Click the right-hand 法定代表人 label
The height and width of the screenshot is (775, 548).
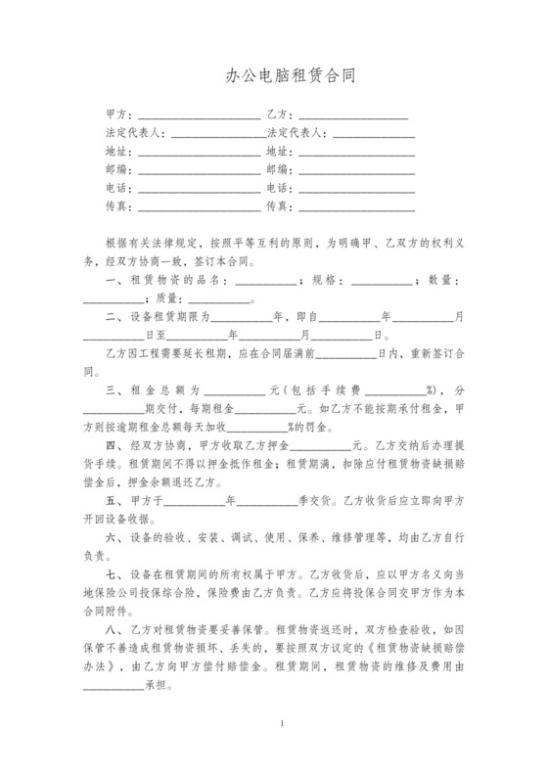pos(296,133)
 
